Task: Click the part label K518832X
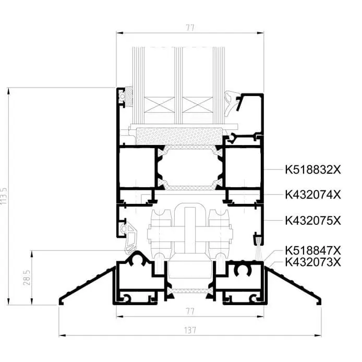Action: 313,170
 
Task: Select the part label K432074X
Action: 313,195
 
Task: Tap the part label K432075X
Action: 313,221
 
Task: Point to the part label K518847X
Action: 313,250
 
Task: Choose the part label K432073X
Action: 313,262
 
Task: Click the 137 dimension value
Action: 190,330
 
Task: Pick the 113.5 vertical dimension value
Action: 4,196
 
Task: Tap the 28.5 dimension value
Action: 27,277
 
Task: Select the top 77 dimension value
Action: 190,28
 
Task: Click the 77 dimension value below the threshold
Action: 190,312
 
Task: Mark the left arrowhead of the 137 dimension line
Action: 63,335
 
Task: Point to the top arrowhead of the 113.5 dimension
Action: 8,91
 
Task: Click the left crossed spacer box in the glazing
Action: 159,105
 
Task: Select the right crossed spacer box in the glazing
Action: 198,105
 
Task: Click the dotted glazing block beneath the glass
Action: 179,136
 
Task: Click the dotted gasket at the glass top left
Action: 128,96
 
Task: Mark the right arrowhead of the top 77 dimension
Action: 260,33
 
